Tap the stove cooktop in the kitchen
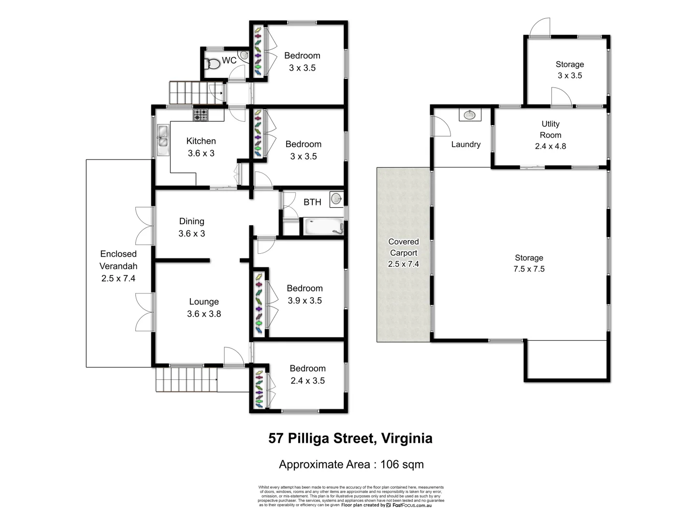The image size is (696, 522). pos(201,115)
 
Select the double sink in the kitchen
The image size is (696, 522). pos(163,136)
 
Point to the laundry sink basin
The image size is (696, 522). pos(469,115)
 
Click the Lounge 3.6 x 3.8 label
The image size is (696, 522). pos(204,308)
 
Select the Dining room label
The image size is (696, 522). pos(192,227)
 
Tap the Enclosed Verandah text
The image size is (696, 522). pos(118,266)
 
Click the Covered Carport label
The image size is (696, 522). pos(404,253)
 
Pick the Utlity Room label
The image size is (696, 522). pos(551,135)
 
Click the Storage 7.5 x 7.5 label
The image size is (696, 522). pos(529,263)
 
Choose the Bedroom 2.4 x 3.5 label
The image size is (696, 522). pos(307,375)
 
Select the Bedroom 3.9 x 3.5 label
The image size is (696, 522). pos(304,294)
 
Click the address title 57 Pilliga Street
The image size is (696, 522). pos(350,438)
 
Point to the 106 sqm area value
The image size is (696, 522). pos(402,464)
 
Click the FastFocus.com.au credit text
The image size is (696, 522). pos(411,505)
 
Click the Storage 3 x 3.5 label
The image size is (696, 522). pos(569,70)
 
